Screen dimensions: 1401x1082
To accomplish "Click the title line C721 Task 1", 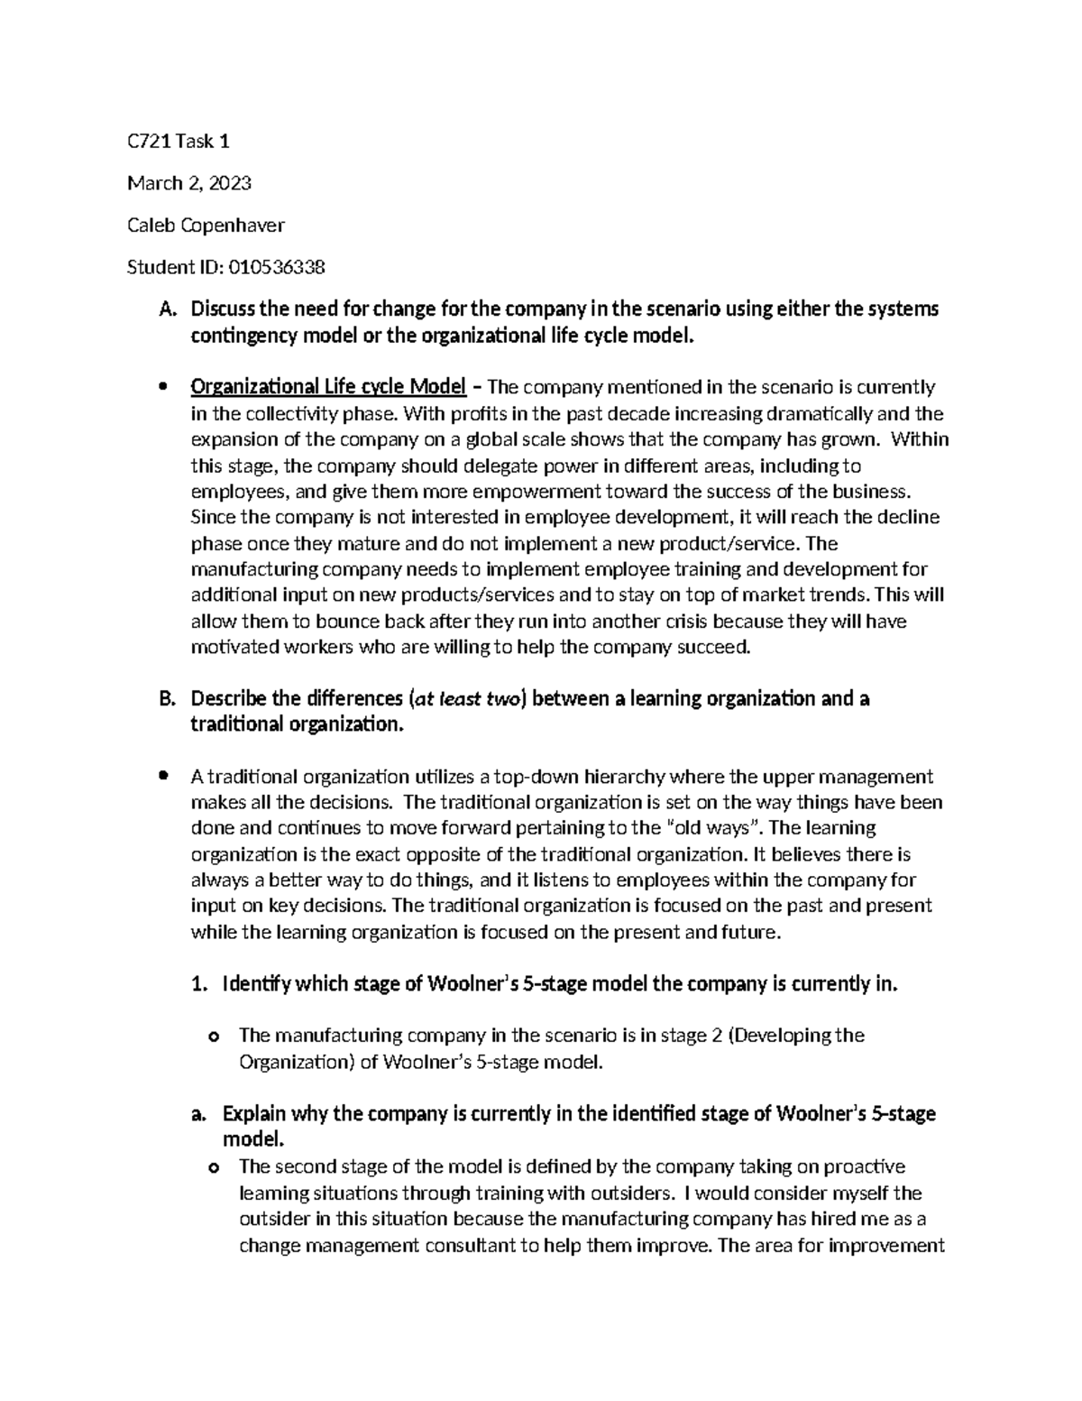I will (x=179, y=141).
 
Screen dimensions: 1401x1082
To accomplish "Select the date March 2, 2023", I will (x=189, y=183).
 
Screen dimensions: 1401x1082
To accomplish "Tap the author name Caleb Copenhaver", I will (x=206, y=226).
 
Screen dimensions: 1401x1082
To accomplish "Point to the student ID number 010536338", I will (x=277, y=267).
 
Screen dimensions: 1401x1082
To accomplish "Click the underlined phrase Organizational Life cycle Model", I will (x=328, y=388).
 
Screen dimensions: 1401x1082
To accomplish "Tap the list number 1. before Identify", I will (x=200, y=984).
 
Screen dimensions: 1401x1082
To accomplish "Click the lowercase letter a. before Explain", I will (x=199, y=1114).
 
